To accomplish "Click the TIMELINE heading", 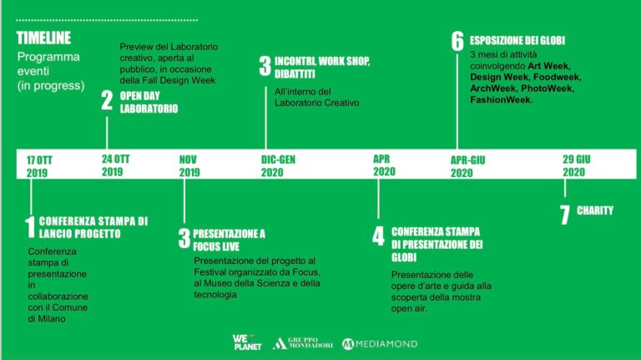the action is pos(43,38).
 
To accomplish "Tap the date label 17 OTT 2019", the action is pos(39,166).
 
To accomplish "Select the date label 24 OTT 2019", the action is pos(116,165).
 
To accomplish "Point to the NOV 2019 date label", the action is pos(189,165).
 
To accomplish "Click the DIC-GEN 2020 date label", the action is pos(278,165).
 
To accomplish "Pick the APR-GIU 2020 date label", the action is pos(467,166).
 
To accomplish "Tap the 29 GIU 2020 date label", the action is pos(577,165).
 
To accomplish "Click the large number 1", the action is pos(30,227).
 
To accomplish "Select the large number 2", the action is pos(107,100).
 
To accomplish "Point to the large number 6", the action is pos(457,41).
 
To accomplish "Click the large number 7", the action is pos(565,215).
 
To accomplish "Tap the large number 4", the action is pos(378,236).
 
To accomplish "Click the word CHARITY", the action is pos(595,210).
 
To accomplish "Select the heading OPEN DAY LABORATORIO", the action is pos(149,102).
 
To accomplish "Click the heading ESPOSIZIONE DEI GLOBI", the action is pos(517,40).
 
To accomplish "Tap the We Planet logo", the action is pos(247,342).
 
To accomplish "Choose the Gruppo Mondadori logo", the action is pos(302,343).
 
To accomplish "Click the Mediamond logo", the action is pos(380,344).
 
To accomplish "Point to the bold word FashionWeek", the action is pos(501,100).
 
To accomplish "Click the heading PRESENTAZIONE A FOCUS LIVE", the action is pos(229,240).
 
